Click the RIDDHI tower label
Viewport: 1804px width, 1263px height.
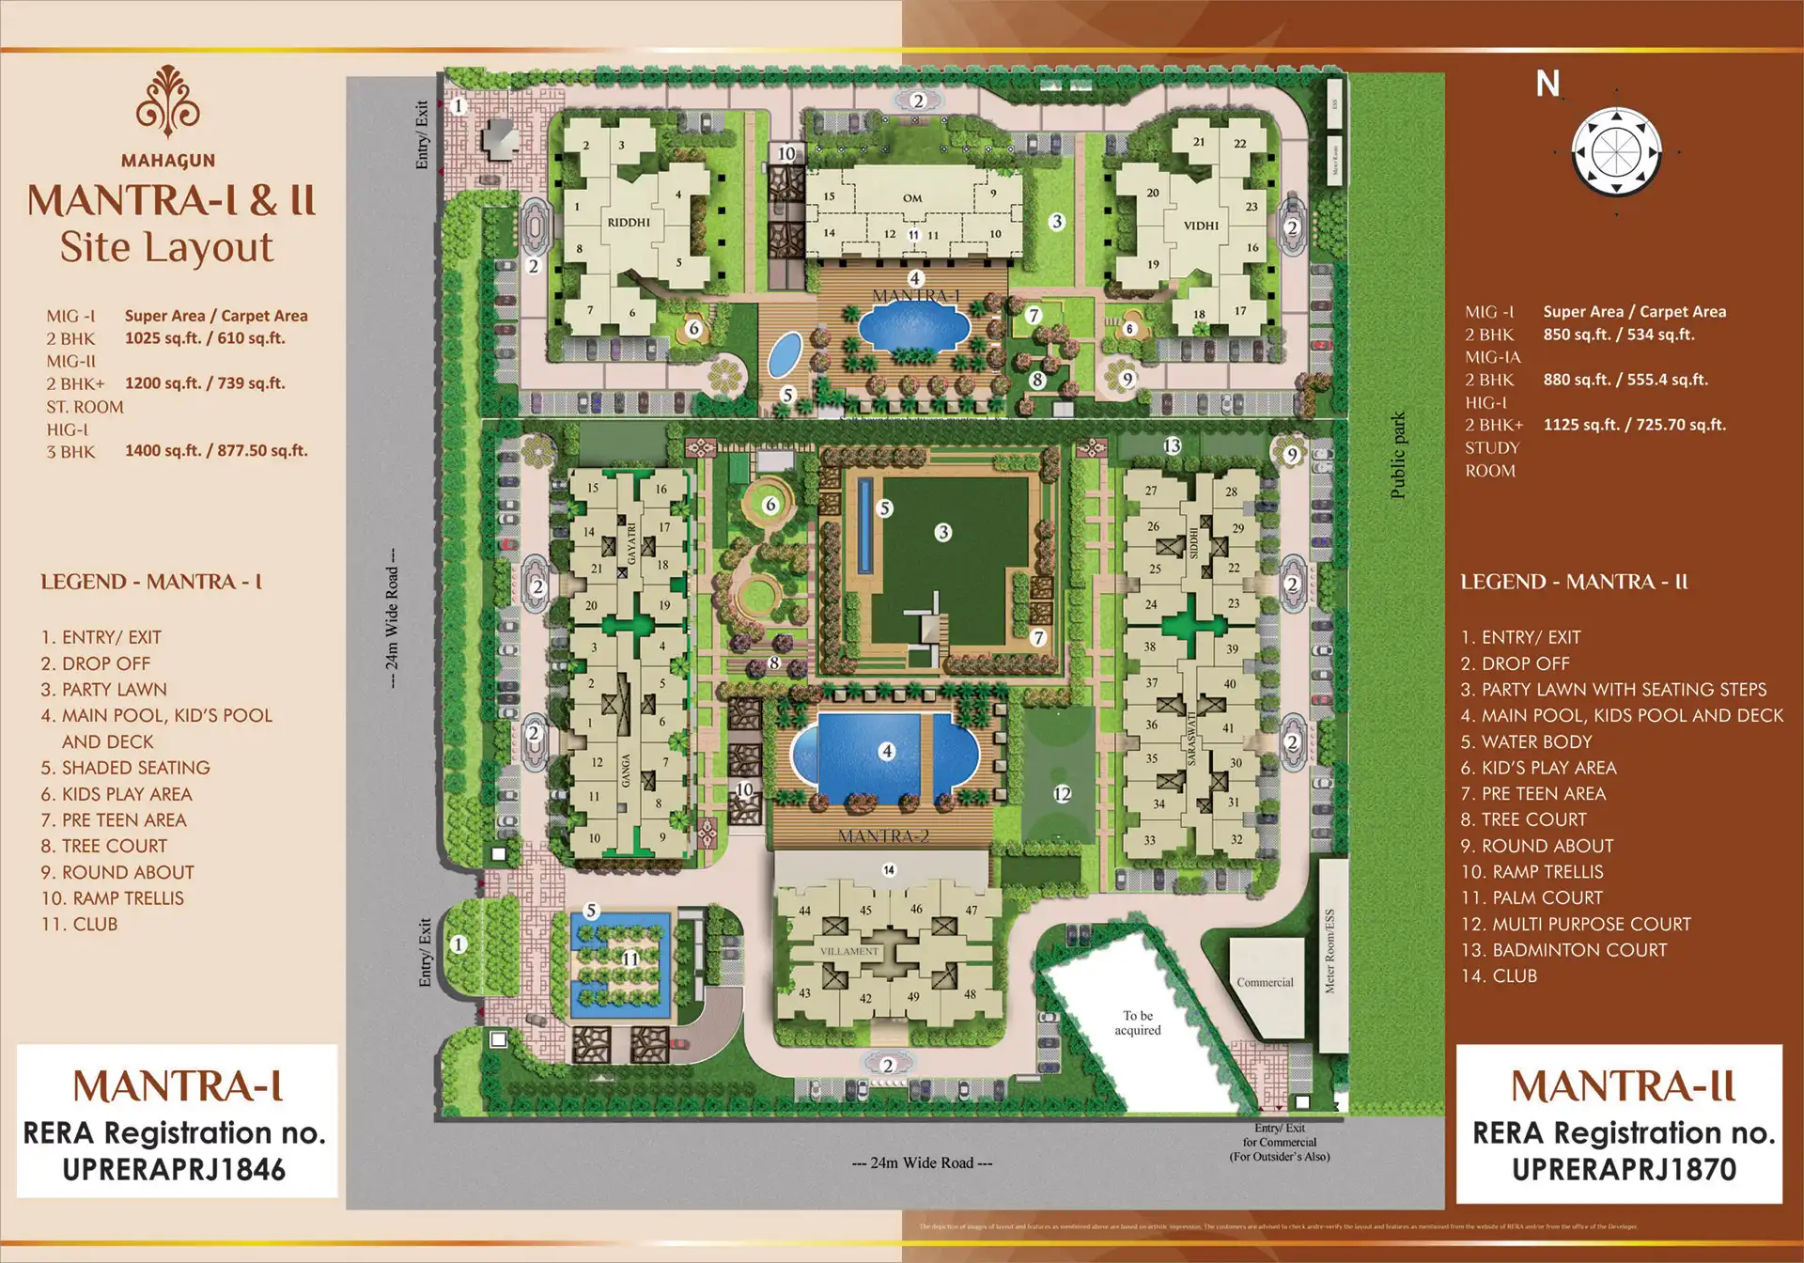pos(629,223)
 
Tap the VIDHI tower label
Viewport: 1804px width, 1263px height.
pos(1201,226)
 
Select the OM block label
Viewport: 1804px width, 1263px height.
pos(912,198)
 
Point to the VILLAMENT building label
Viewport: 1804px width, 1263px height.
pos(849,951)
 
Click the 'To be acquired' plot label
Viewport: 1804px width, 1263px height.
pos(1138,1022)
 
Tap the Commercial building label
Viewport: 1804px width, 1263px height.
pos(1265,982)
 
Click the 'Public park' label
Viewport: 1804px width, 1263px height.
pos(1398,455)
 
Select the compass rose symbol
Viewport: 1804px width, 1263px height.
pos(1616,150)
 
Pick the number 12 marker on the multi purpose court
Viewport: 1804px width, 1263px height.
pos(1062,793)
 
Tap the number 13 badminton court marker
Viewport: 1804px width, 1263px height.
pos(1172,445)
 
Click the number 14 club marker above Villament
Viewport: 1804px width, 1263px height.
pos(889,870)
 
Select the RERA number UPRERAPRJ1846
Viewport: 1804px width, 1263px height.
pos(174,1169)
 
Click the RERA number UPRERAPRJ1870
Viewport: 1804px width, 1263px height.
pos(1624,1169)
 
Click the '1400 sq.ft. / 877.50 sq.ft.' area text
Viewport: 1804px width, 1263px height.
pos(216,451)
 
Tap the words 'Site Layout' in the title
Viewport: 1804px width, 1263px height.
pos(167,247)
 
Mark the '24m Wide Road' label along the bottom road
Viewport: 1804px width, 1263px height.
pos(922,1162)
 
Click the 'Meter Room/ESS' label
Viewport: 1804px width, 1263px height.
pos(1330,951)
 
